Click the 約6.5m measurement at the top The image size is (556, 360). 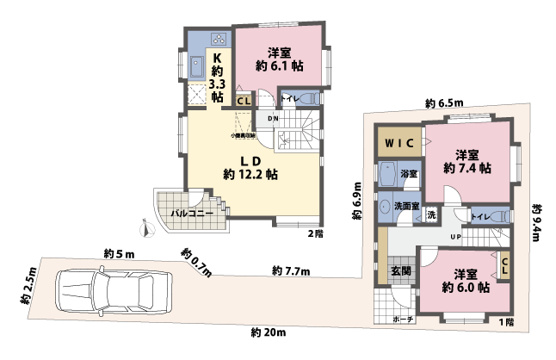pyautogui.click(x=442, y=103)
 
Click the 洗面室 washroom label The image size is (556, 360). pyautogui.click(x=406, y=207)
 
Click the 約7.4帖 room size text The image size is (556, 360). pyautogui.click(x=466, y=169)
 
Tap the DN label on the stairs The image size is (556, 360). pyautogui.click(x=273, y=118)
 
